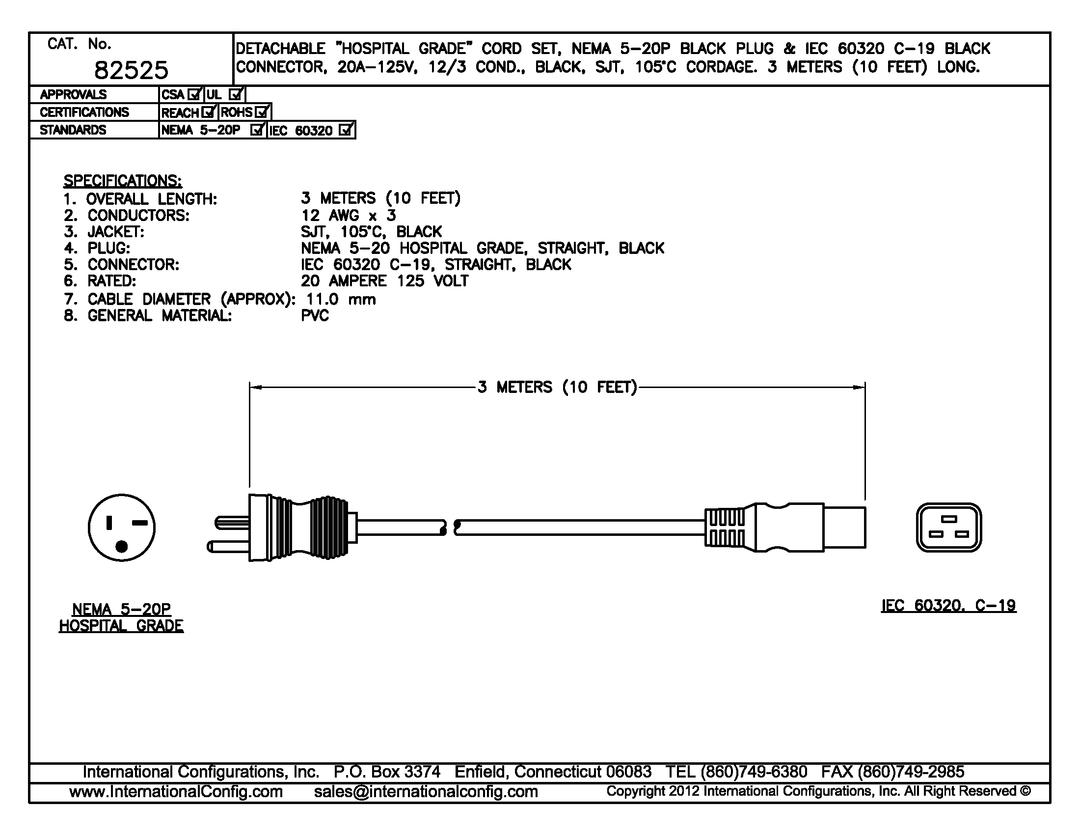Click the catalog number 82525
coord(131,70)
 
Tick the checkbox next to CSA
coord(195,94)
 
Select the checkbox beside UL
coord(237,94)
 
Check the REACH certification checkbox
coord(209,112)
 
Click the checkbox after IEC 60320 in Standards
coord(346,130)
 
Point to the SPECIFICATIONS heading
coord(122,181)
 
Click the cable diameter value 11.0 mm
coord(341,299)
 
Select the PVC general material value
coord(315,316)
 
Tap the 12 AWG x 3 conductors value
coord(348,216)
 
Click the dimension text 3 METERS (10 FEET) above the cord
coord(557,387)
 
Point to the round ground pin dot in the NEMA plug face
coord(122,546)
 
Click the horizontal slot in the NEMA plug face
coord(140,523)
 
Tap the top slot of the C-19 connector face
coord(949,519)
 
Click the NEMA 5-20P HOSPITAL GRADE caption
coord(121,617)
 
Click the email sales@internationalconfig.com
coord(426,792)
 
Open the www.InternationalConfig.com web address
coord(176,792)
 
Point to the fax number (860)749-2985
coord(910,772)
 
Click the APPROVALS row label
coord(73,94)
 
